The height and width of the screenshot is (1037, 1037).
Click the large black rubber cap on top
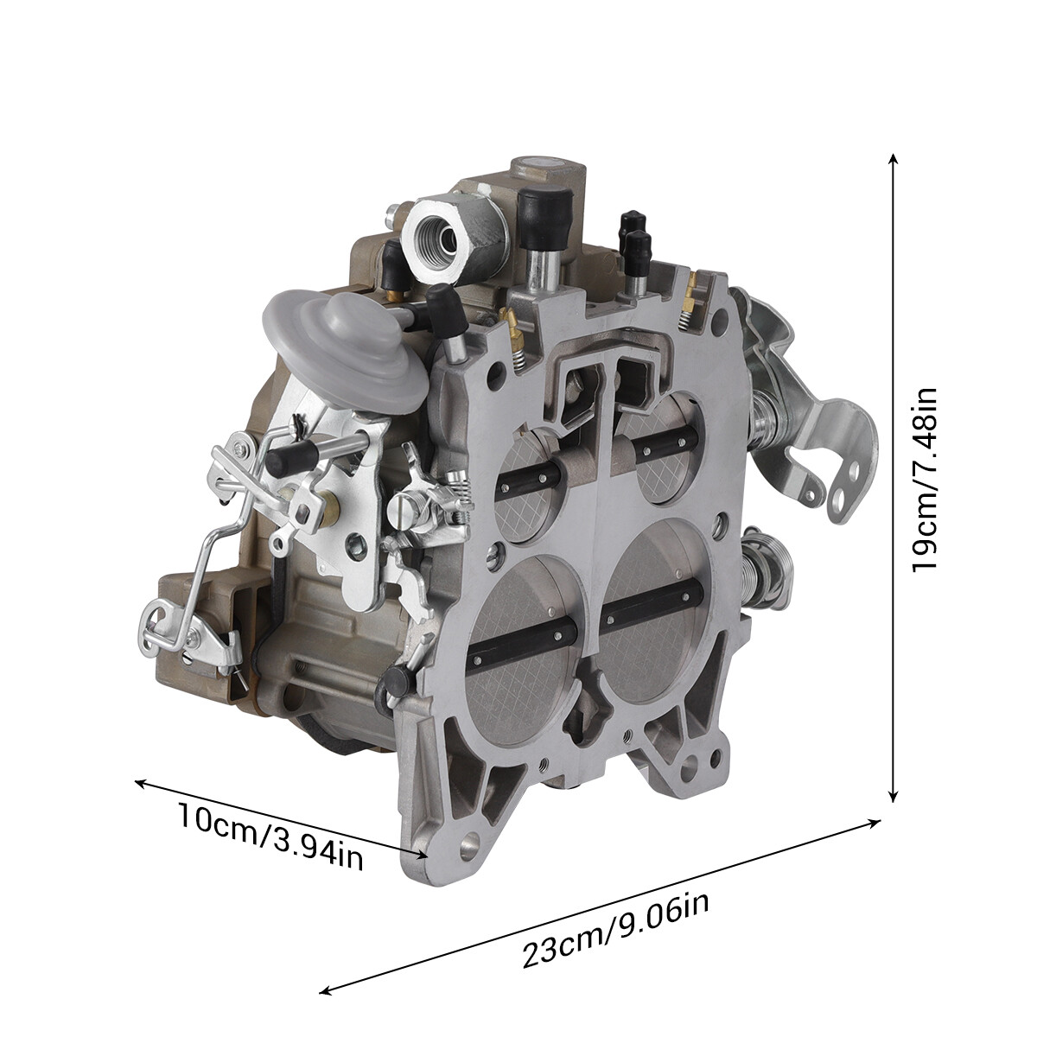coord(542,208)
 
